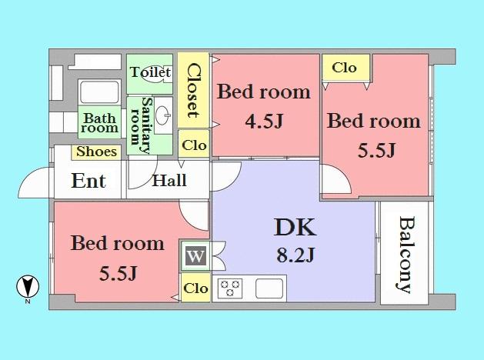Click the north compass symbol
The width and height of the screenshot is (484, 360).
tap(28, 287)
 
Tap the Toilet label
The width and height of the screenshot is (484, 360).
tap(149, 72)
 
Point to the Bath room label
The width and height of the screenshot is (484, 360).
tap(100, 123)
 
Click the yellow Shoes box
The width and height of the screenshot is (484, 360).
tap(97, 152)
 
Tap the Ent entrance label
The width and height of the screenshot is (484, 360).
tap(88, 182)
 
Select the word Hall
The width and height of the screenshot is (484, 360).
tap(169, 182)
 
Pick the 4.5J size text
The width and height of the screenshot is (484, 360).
tap(264, 120)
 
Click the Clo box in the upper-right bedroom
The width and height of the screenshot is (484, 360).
tap(344, 68)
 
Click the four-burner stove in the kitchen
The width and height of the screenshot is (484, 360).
tap(229, 289)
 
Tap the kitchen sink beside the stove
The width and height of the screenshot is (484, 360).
tap(269, 289)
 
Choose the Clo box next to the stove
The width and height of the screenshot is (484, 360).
tap(195, 288)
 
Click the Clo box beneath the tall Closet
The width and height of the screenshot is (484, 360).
tap(194, 145)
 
